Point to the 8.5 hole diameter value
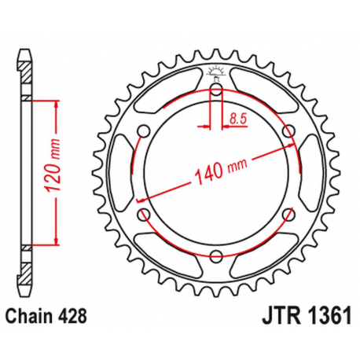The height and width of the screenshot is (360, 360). coord(236,119)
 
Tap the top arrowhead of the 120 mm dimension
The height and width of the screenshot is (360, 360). coord(56,103)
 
